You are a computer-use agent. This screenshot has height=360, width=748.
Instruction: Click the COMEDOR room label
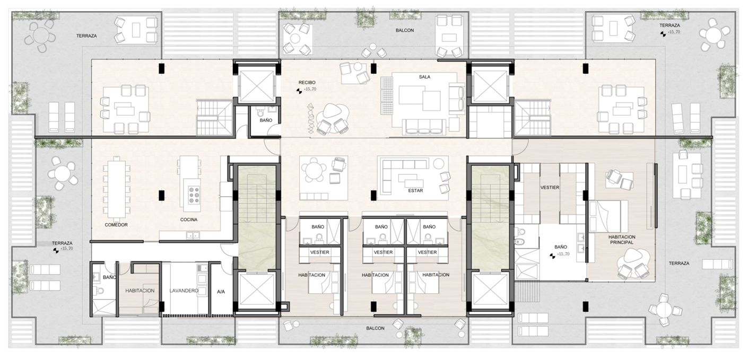click(116, 225)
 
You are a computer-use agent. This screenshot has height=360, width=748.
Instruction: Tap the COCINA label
click(189, 219)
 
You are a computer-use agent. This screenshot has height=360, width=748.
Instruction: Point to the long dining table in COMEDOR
click(117, 189)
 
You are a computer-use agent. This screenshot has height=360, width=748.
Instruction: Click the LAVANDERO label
click(184, 291)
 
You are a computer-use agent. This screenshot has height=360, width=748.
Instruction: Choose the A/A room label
click(221, 292)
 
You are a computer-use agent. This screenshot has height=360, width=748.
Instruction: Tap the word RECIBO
click(307, 82)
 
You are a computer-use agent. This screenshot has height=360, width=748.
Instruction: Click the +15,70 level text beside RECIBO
click(310, 90)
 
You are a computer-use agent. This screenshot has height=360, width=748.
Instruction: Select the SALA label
click(424, 77)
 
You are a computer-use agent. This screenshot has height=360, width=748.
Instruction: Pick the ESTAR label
click(415, 190)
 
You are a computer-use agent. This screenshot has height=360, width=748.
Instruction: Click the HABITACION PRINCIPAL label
click(622, 240)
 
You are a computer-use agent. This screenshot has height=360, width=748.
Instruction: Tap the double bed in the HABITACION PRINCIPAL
click(608, 216)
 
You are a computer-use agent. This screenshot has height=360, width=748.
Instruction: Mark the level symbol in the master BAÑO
click(553, 256)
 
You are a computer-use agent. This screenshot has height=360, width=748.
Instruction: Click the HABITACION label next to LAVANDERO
click(140, 291)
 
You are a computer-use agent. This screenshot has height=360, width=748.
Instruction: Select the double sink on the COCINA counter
click(193, 235)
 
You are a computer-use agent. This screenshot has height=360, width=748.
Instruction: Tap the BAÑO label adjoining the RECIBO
click(266, 120)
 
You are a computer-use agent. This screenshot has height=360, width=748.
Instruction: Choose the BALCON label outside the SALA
click(405, 30)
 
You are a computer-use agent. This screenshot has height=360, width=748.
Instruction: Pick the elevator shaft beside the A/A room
click(256, 291)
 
